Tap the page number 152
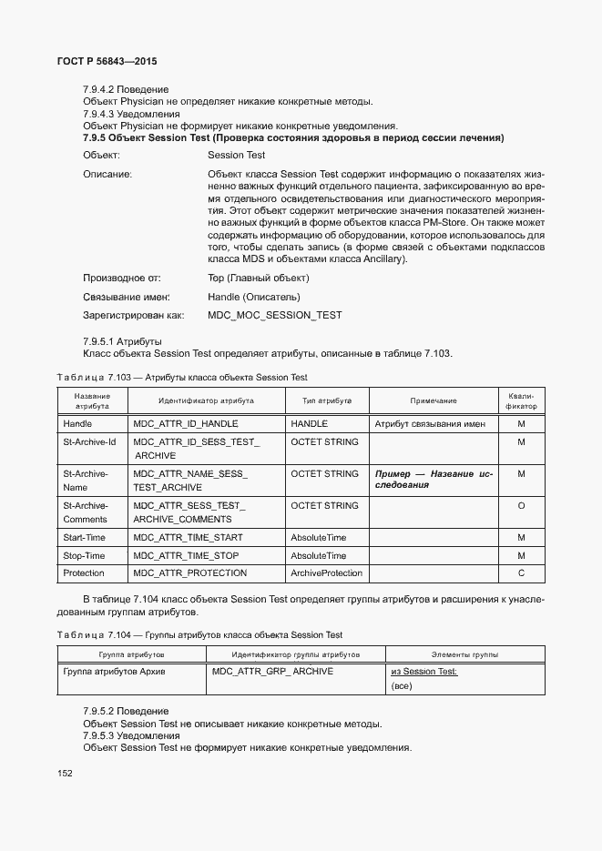coord(66,774)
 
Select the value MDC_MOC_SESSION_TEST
coord(275,315)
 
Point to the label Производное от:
coord(122,279)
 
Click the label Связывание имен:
coord(128,297)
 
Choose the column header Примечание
coord(433,400)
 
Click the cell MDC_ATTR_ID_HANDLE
coord(186,424)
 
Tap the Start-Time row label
coord(84,538)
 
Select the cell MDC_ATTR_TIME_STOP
coord(187,556)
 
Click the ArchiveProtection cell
coord(326,573)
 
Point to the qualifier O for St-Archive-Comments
coord(521,506)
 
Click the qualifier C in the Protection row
coord(521,573)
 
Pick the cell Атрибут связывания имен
coord(430,424)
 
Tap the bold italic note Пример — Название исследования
coord(434,480)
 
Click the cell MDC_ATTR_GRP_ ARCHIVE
coord(273,672)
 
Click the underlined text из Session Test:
coord(423,672)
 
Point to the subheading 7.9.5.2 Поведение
coord(125,711)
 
